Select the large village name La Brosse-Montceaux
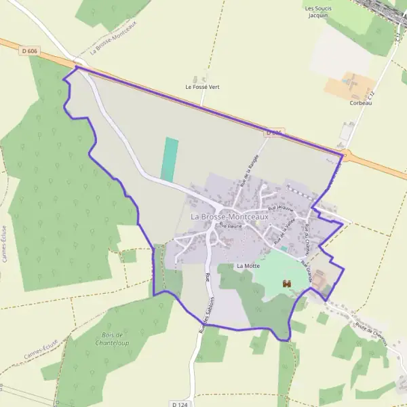(229, 217)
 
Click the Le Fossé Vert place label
(201, 87)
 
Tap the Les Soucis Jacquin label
(316, 12)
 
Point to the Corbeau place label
(360, 103)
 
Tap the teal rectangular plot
(170, 159)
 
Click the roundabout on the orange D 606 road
(345, 155)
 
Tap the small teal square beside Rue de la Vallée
(284, 249)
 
